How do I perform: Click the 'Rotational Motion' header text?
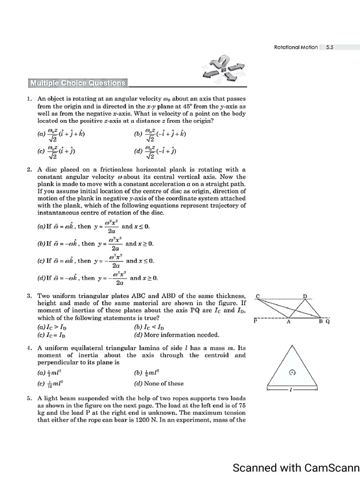pos(295,47)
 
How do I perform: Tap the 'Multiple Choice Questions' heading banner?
pos(78,83)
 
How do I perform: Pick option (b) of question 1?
pos(160,135)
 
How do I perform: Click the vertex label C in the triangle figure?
pos(257,296)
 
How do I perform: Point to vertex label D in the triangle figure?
pos(305,296)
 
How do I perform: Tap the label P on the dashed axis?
pos(255,322)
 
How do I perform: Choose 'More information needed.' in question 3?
pos(176,335)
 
